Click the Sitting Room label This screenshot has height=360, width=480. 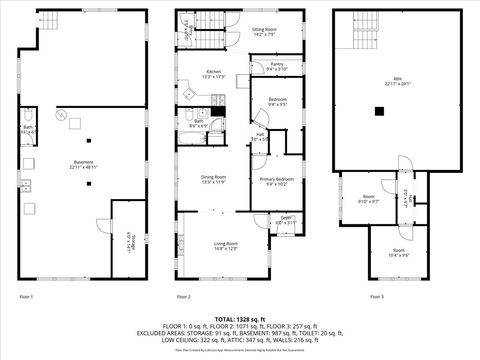pos(265,33)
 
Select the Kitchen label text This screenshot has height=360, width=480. pos(214,74)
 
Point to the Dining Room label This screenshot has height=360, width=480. pos(214,180)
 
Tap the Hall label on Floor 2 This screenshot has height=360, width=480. pos(259,136)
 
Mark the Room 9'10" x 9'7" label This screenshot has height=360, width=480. pos(369,198)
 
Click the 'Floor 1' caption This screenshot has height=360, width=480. pos(27,297)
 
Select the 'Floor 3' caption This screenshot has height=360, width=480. pos(376,297)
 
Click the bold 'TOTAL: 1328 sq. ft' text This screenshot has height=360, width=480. pos(240,317)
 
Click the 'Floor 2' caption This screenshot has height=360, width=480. pos(183,297)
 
